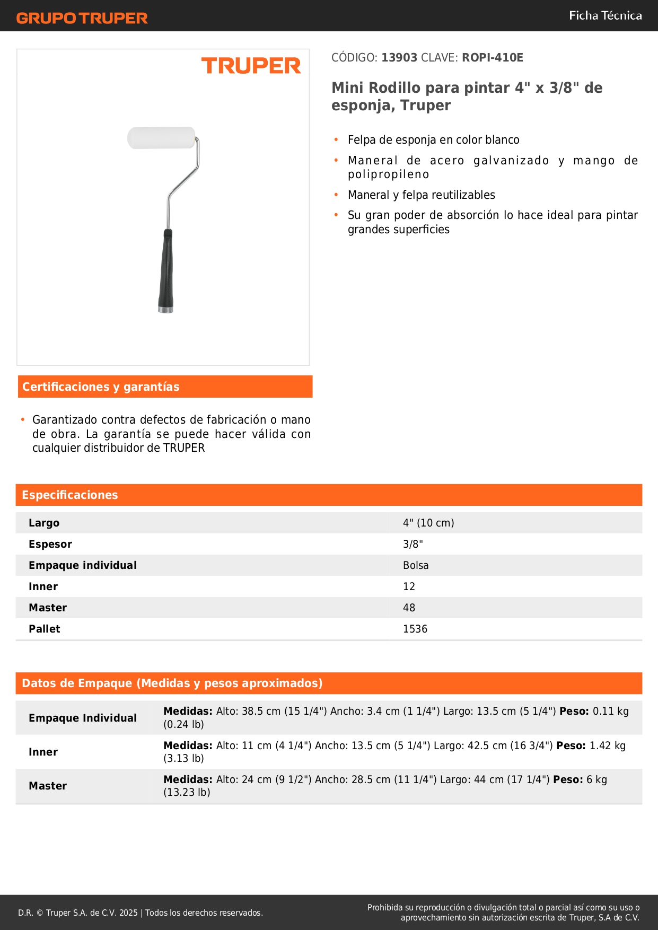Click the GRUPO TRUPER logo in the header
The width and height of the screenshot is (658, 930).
[82, 18]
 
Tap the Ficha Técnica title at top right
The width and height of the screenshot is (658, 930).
[605, 15]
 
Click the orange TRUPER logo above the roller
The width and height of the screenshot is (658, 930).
[251, 66]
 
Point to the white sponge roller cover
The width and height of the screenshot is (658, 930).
[161, 138]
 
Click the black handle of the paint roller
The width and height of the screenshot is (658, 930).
[166, 270]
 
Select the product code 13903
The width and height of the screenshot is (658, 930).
[399, 57]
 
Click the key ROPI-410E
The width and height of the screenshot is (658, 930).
[492, 57]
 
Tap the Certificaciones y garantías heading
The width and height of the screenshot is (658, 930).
[101, 387]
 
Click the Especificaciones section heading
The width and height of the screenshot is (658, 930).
[70, 495]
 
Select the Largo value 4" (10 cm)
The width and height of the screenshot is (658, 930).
[428, 523]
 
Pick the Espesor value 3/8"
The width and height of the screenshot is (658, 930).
[413, 544]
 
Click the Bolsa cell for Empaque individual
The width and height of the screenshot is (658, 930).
[416, 565]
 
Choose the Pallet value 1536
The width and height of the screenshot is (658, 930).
[415, 629]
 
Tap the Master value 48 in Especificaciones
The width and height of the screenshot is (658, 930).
[409, 608]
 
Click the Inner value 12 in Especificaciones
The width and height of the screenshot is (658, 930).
[409, 586]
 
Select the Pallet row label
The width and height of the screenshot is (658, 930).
[45, 629]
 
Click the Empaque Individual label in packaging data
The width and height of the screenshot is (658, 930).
[83, 718]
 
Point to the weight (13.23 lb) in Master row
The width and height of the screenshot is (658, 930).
[187, 792]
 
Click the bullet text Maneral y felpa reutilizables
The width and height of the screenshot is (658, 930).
[422, 195]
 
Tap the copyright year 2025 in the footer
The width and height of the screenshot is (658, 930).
[128, 913]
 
